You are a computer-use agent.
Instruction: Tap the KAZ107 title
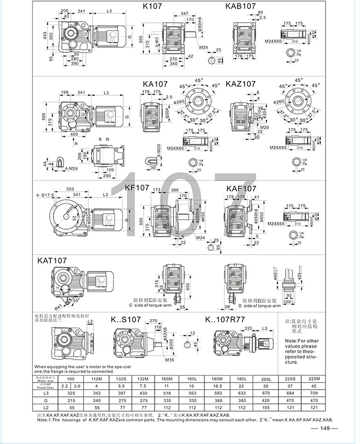tap(240, 84)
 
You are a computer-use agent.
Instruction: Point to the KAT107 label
tap(52, 260)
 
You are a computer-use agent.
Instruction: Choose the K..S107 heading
tap(125, 320)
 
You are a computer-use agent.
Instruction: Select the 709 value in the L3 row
tap(316, 394)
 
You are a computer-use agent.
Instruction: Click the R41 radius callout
tap(57, 306)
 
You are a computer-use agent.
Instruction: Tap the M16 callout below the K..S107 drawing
tap(155, 360)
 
